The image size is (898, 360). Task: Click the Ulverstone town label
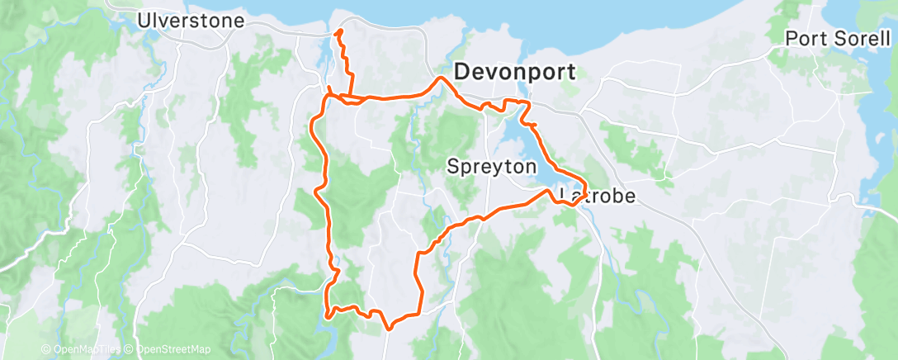pyautogui.click(x=191, y=20)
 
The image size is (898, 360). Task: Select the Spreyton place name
pyautogui.click(x=491, y=166)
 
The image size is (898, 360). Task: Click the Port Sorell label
pyautogui.click(x=837, y=38)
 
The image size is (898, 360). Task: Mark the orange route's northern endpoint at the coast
pyautogui.click(x=338, y=32)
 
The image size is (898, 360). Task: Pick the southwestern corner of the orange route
pyautogui.click(x=328, y=314)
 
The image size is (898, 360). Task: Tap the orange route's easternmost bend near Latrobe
pyautogui.click(x=587, y=187)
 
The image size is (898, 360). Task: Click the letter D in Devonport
pyautogui.click(x=462, y=70)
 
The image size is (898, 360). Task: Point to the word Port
pyautogui.click(x=801, y=38)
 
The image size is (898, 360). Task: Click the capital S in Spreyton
pyautogui.click(x=451, y=166)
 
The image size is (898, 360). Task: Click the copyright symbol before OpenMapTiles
pyautogui.click(x=45, y=349)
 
